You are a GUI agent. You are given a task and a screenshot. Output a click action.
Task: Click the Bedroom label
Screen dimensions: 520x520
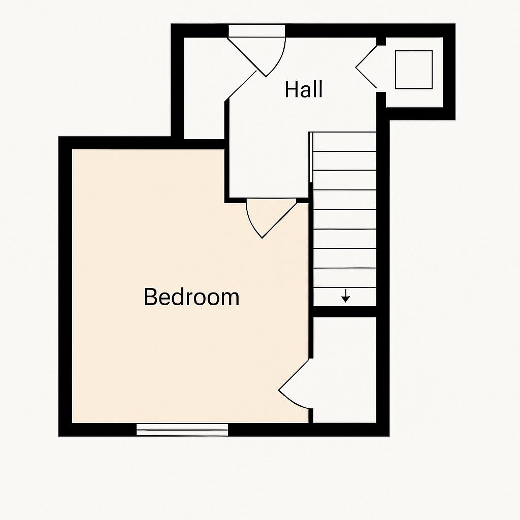tap(191, 297)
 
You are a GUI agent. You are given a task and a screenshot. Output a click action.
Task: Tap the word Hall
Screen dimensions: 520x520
tap(304, 89)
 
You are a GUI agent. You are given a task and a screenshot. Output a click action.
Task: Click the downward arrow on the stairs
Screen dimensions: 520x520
tap(345, 296)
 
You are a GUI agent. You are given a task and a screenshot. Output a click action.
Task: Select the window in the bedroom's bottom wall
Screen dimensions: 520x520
tap(182, 430)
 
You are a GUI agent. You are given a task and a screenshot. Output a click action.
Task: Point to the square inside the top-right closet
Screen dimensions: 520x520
tap(413, 69)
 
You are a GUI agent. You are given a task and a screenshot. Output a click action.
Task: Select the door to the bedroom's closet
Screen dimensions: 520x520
tap(295, 386)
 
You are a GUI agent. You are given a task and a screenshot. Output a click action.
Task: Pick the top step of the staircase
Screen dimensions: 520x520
tap(344, 142)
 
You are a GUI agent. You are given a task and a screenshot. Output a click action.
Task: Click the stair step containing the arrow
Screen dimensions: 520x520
tap(344, 297)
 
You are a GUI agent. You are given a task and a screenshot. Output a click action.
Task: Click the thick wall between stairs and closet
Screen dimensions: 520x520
tap(344, 311)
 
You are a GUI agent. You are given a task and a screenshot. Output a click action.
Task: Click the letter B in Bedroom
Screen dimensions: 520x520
tap(150, 297)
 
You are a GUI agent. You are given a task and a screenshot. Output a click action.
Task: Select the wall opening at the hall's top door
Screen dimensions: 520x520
tap(256, 31)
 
